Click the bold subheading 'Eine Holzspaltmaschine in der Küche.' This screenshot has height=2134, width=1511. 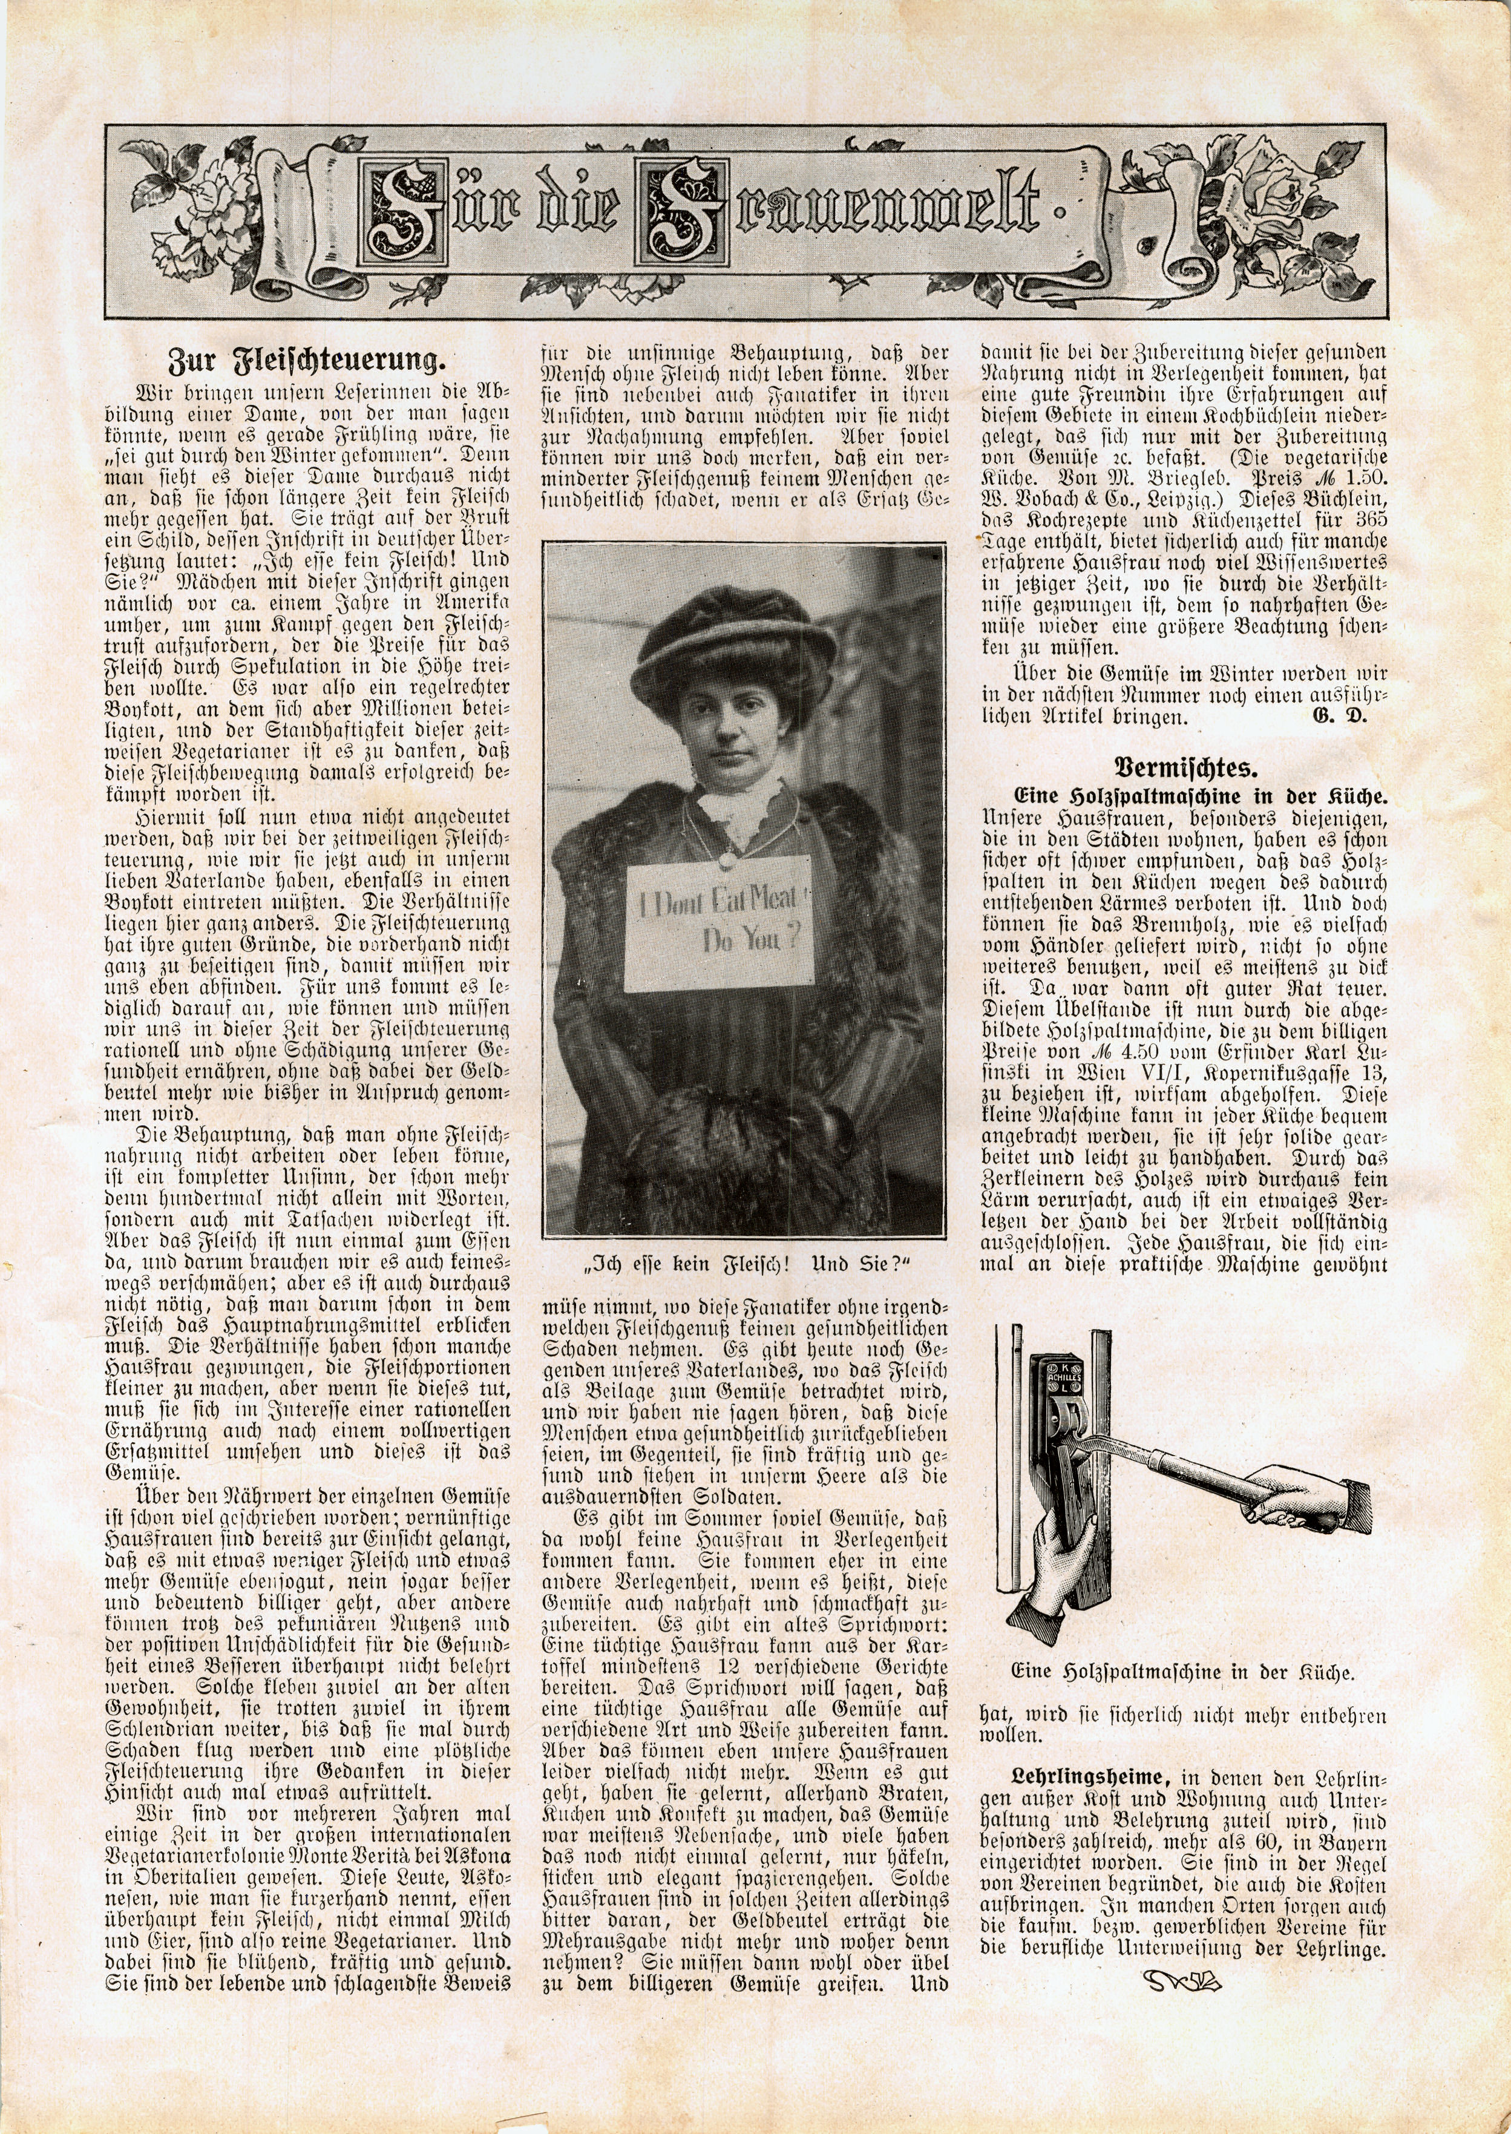[x=1200, y=796]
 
